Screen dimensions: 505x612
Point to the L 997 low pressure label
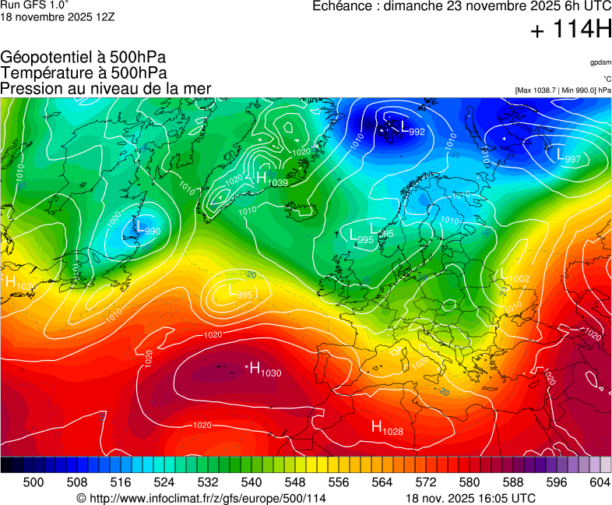[x=568, y=157]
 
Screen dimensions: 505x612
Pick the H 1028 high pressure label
[x=386, y=428]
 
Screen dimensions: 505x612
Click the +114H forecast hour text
[x=570, y=30]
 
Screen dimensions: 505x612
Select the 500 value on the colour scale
[x=33, y=482]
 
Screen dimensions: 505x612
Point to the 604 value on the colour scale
[x=599, y=482]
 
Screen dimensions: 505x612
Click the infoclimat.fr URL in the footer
[x=201, y=498]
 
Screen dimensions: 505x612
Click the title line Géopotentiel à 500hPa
[x=83, y=58]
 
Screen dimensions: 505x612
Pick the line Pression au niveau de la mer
[x=106, y=89]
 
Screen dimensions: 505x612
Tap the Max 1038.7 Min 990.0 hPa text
[x=563, y=90]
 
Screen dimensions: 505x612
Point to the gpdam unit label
[x=600, y=62]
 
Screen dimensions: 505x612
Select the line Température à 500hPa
[x=83, y=73]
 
